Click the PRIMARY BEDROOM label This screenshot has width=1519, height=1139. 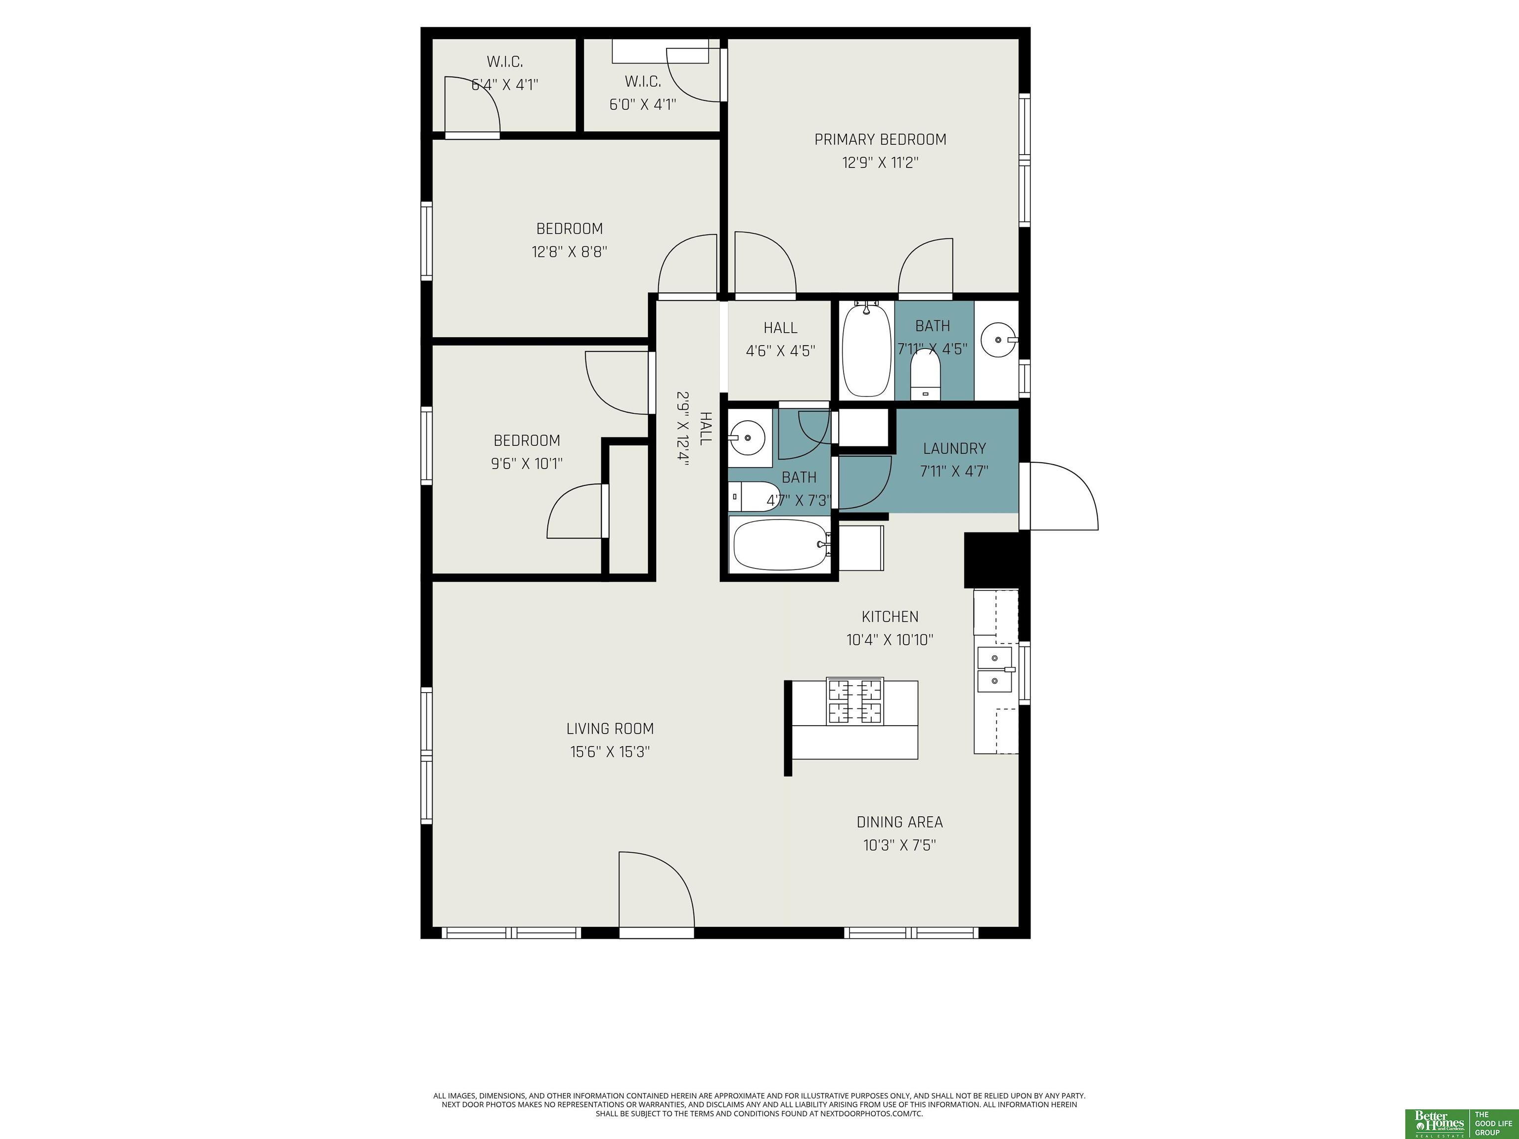point(880,139)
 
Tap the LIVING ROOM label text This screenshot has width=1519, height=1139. point(610,729)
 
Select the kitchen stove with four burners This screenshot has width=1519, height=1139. point(854,701)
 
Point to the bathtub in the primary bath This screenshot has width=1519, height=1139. point(867,350)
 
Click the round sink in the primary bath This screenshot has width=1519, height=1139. point(998,339)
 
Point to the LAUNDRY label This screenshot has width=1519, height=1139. point(954,448)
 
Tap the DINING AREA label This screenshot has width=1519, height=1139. point(899,822)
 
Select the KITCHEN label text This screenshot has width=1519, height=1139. point(890,616)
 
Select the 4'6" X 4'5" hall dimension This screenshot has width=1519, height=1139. point(780,351)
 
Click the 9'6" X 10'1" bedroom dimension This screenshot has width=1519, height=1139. point(527,463)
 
